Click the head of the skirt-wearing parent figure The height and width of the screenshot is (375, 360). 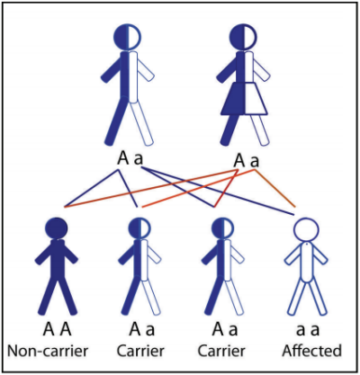click(x=243, y=36)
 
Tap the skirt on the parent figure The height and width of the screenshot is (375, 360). click(x=244, y=99)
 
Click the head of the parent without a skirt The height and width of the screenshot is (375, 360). click(x=127, y=36)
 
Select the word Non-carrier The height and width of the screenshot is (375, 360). click(x=48, y=351)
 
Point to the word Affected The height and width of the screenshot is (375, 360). click(x=311, y=351)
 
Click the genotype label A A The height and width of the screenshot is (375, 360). click(x=57, y=329)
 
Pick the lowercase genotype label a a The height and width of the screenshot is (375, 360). click(x=308, y=330)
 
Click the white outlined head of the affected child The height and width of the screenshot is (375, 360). click(x=306, y=230)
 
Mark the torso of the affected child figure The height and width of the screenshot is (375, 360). click(x=306, y=262)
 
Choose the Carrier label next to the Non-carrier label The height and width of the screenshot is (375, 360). click(x=140, y=351)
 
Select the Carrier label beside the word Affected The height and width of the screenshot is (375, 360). click(x=221, y=351)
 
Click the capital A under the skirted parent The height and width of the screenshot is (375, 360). click(x=239, y=161)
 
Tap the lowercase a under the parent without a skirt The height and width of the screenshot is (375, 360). click(x=139, y=160)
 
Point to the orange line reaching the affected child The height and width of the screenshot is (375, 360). click(x=274, y=188)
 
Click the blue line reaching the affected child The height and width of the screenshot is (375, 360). click(x=217, y=191)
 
